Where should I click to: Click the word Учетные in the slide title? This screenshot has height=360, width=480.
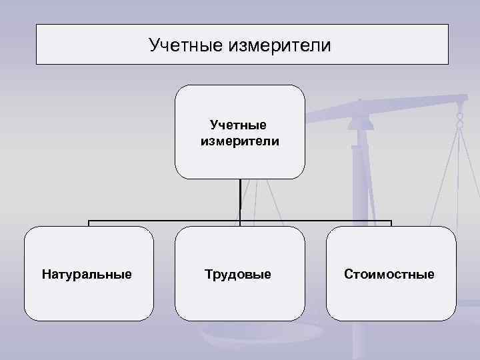pyautogui.click(x=186, y=45)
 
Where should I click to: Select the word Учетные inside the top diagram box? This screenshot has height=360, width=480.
pyautogui.click(x=238, y=125)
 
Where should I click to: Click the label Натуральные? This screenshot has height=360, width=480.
pyautogui.click(x=87, y=274)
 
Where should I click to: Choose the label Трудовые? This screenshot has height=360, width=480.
pyautogui.click(x=238, y=274)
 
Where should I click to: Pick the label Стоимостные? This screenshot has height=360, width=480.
pyautogui.click(x=389, y=274)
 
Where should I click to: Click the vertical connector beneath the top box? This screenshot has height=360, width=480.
pyautogui.click(x=240, y=199)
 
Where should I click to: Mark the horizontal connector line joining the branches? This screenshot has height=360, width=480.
pyautogui.click(x=167, y=221)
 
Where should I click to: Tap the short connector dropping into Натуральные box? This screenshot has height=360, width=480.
pyautogui.click(x=89, y=224)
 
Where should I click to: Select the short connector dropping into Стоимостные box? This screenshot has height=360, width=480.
pyautogui.click(x=391, y=224)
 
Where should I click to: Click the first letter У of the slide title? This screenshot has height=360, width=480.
pyautogui.click(x=154, y=45)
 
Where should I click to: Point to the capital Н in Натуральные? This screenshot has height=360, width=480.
pyautogui.click(x=45, y=274)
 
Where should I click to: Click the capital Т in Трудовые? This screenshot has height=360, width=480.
pyautogui.click(x=209, y=274)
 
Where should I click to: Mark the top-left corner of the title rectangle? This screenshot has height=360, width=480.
pyautogui.click(x=37, y=25)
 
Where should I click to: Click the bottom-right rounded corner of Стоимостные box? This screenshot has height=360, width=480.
pyautogui.click(x=453, y=318)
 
